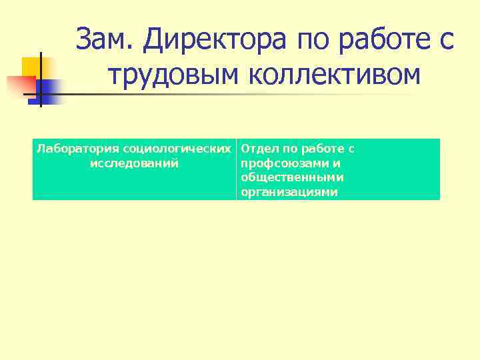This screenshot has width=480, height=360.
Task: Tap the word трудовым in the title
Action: click(167, 75)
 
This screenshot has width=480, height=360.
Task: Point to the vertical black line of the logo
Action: click(40, 80)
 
